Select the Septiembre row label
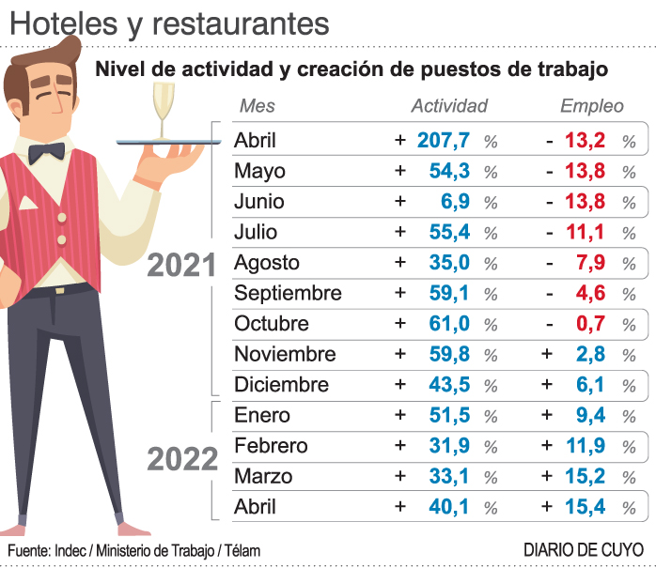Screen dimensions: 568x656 coord(288,294)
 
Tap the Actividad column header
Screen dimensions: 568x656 coord(449,106)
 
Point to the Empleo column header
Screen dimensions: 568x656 coord(592,106)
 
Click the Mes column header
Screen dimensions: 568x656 coord(258,106)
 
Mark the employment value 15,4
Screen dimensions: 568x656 coord(585,508)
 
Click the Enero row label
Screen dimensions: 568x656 coord(262,415)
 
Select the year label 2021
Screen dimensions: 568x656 coord(182,267)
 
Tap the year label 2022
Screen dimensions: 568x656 coord(182,460)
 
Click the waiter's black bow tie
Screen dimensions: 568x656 coord(46,152)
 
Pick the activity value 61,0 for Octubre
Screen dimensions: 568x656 coord(449,324)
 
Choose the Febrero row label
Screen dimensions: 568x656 coord(272,446)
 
